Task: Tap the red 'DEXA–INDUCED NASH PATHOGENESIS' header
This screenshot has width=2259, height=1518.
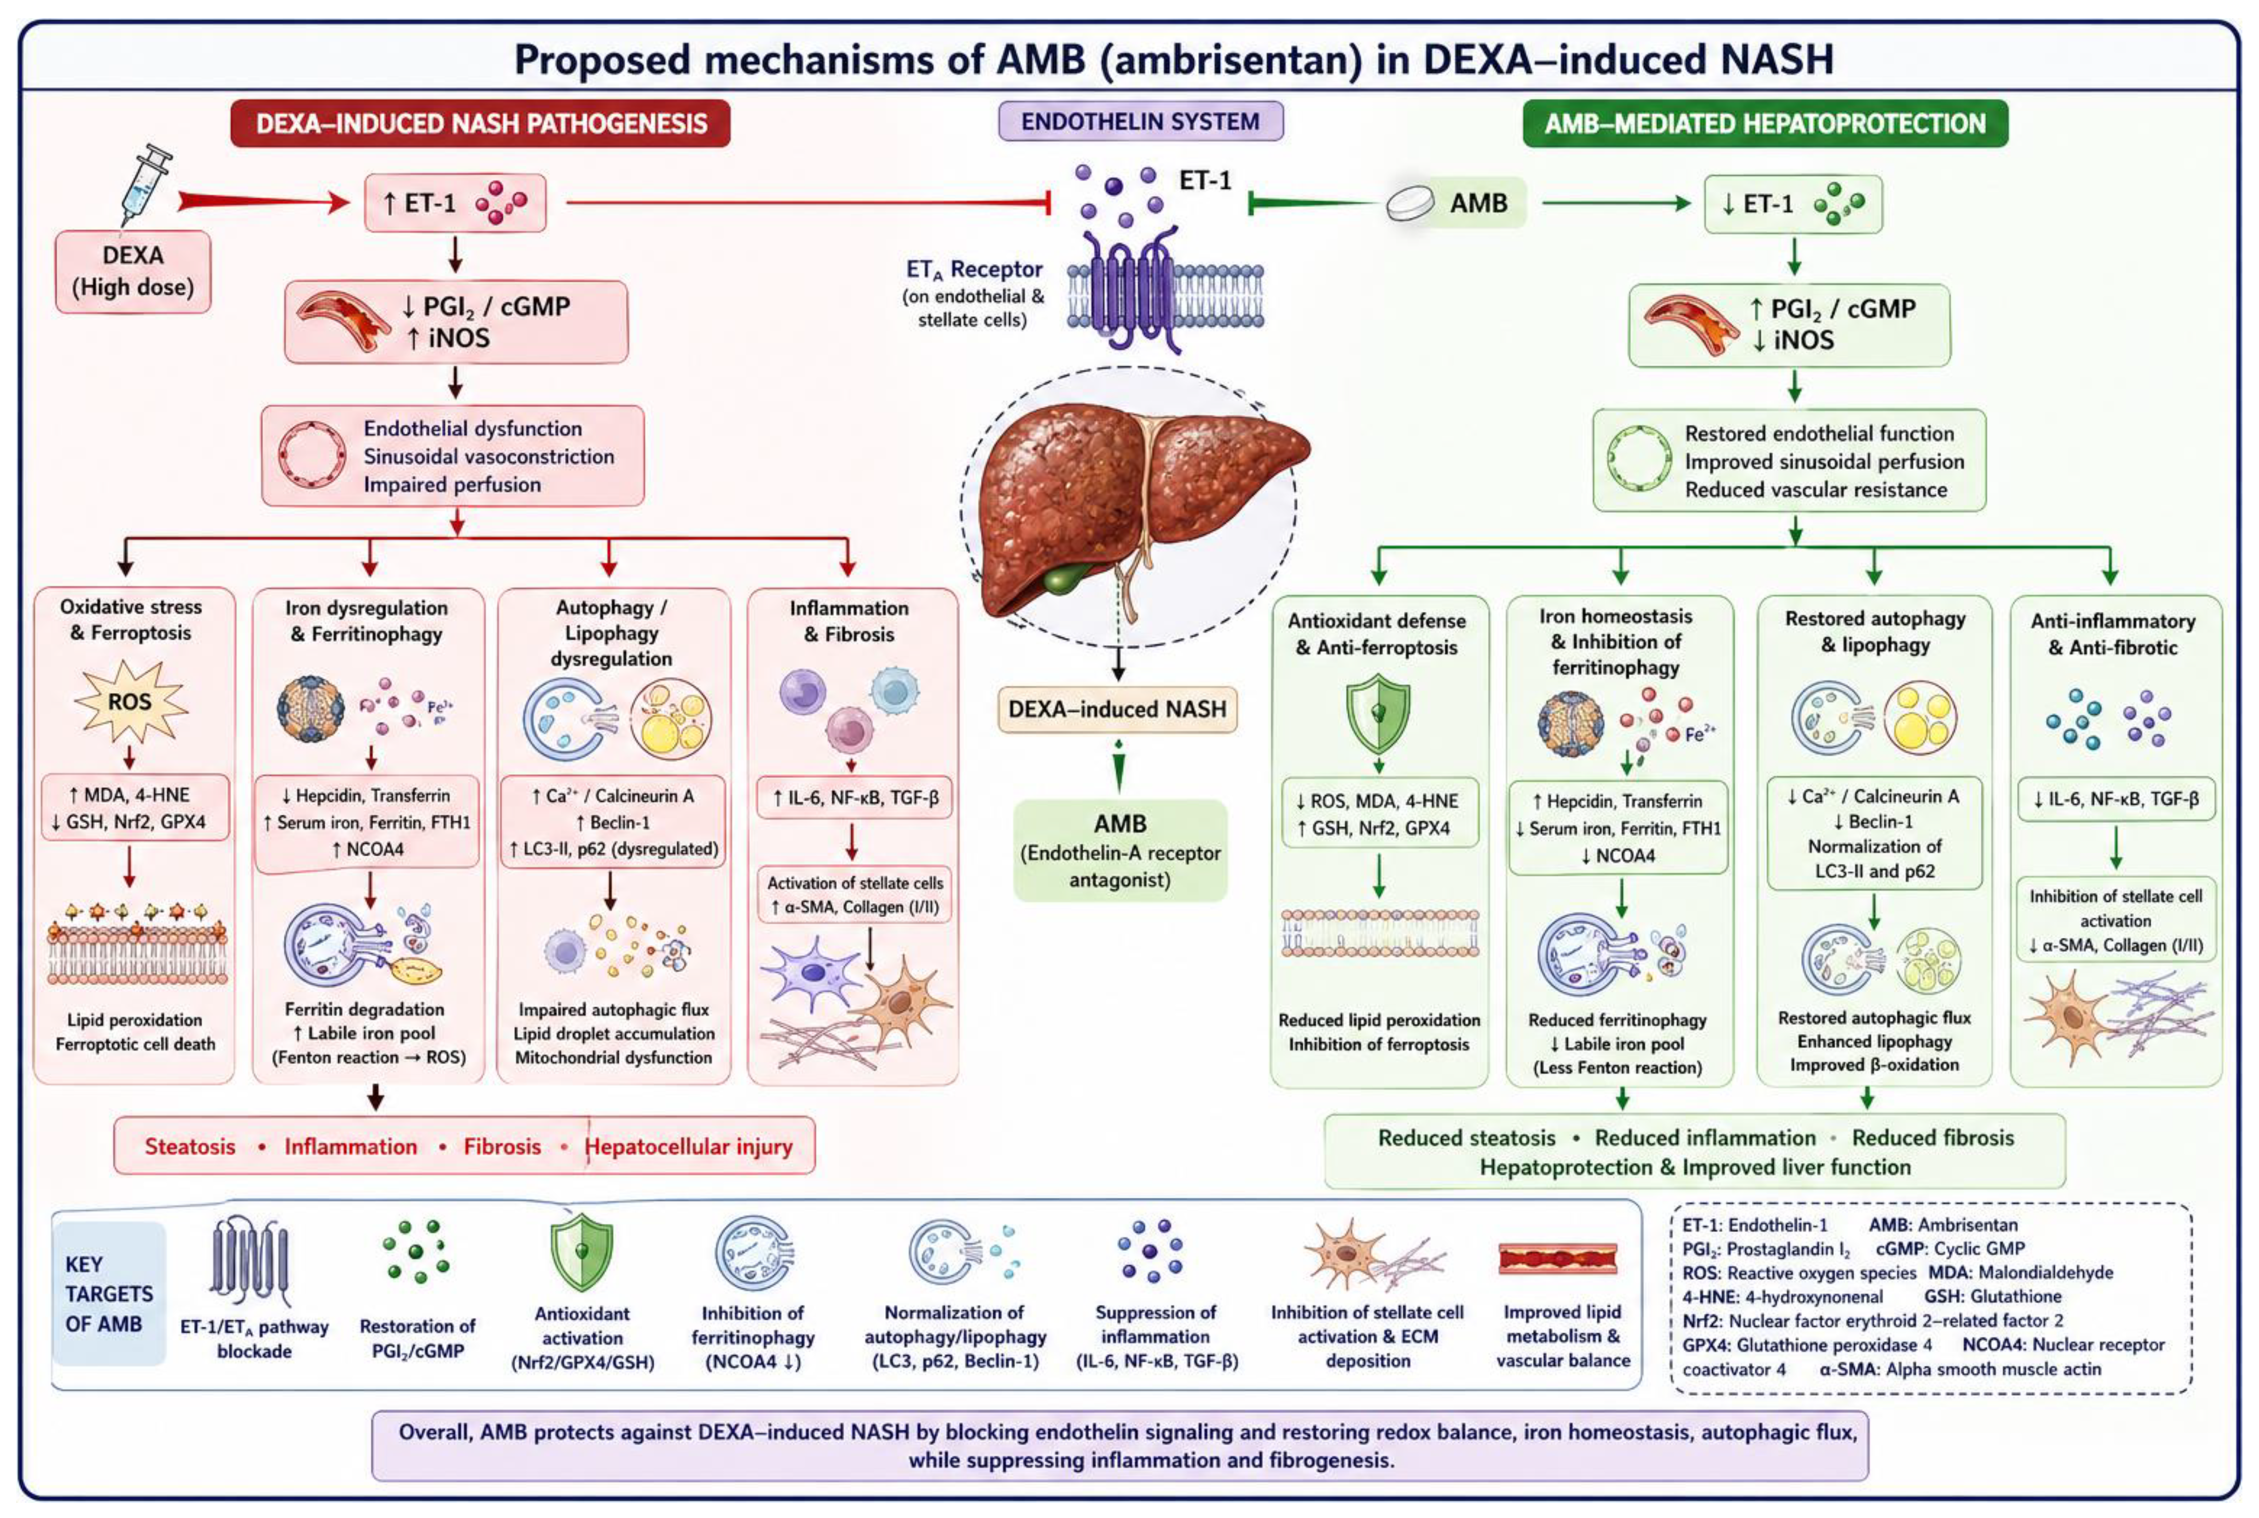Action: click(480, 124)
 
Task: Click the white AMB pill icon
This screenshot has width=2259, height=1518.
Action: click(1410, 203)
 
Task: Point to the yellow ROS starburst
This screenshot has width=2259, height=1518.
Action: click(130, 701)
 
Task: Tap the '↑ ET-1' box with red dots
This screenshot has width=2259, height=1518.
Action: click(455, 203)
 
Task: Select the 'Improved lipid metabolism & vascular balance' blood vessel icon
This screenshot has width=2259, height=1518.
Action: click(1557, 1259)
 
